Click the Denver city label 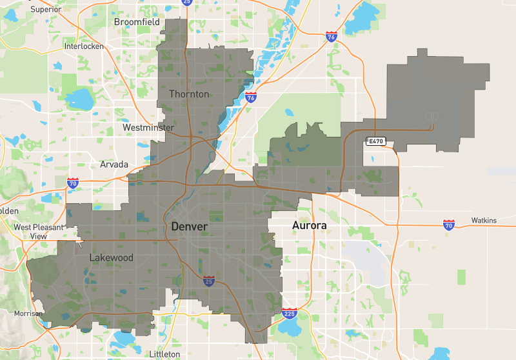[x=189, y=227]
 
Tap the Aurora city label [x=309, y=226]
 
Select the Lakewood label [x=112, y=258]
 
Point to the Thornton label [x=189, y=94]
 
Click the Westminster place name [x=148, y=128]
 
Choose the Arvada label [x=114, y=165]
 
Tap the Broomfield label [x=137, y=22]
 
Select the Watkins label [x=484, y=221]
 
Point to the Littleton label [x=164, y=354]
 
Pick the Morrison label [x=28, y=314]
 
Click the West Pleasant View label [x=39, y=232]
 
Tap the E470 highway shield [x=375, y=141]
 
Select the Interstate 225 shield [x=289, y=314]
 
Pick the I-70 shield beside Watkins [x=449, y=225]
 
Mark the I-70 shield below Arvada [x=72, y=184]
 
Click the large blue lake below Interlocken [x=81, y=99]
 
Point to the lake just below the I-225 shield [x=293, y=330]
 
